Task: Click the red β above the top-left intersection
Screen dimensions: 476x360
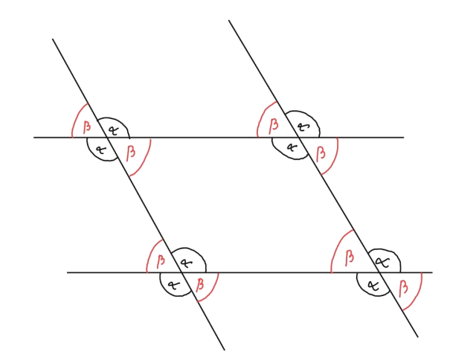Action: (87, 127)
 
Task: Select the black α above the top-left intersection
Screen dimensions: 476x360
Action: (113, 131)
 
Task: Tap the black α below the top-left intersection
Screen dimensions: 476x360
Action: (100, 150)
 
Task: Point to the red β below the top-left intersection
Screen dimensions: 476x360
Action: (131, 152)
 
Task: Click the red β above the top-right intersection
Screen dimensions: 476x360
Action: (274, 126)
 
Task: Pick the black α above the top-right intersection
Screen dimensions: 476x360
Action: (303, 126)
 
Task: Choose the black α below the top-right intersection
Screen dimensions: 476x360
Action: (292, 147)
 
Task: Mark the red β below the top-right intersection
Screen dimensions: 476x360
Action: (321, 153)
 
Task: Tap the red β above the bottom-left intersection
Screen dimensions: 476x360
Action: (161, 261)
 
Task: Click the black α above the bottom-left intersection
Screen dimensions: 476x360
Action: (186, 263)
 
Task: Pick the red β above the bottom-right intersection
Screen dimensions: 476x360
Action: (350, 257)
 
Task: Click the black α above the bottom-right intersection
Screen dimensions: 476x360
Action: (384, 263)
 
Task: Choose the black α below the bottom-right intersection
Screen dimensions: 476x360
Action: (373, 286)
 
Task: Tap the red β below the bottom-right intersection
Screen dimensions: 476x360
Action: (403, 289)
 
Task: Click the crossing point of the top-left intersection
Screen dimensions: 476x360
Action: (107, 138)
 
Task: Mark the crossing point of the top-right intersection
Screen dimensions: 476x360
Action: (299, 138)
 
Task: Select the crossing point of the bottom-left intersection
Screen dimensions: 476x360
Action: (181, 272)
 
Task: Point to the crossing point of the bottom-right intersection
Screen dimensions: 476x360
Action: (379, 272)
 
